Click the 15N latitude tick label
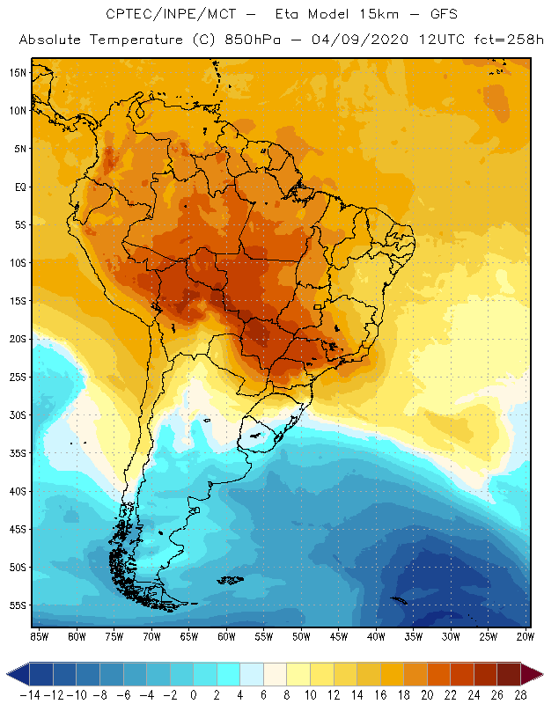[18, 72]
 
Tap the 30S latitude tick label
[18, 414]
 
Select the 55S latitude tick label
[18, 605]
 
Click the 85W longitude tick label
[39, 635]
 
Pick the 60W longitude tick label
[226, 635]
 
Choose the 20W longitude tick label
[526, 635]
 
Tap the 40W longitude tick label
[376, 635]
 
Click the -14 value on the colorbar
[30, 694]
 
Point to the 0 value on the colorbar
[194, 694]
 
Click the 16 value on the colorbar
[381, 694]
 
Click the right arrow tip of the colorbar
[540, 673]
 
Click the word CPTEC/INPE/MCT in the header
[160, 15]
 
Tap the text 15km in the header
[357, 15]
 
